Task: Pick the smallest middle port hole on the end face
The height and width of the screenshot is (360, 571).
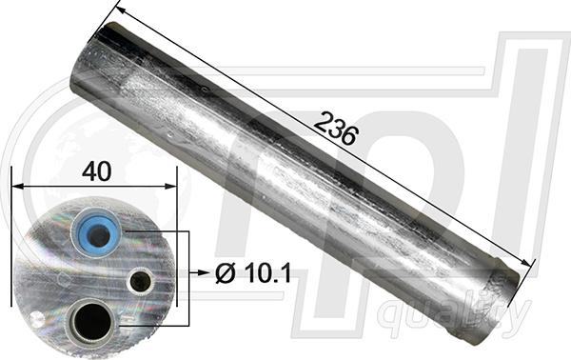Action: click(140, 280)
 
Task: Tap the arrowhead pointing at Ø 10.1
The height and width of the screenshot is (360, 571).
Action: click(203, 273)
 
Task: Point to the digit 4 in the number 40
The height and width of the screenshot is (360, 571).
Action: click(89, 170)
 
